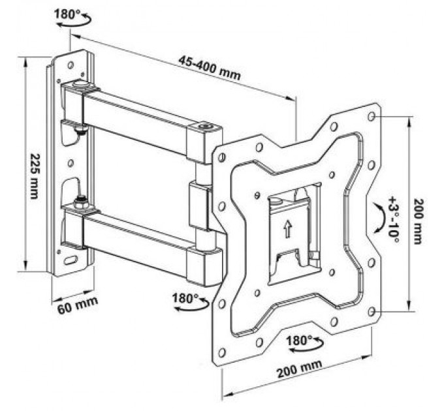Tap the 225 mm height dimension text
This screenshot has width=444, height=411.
[x=33, y=177]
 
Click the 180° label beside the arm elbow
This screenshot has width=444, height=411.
[x=185, y=297]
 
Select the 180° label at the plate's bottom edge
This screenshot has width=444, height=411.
[x=300, y=340]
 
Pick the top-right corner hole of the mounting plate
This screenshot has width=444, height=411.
[x=372, y=116]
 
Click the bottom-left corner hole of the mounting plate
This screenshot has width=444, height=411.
[x=223, y=353]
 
